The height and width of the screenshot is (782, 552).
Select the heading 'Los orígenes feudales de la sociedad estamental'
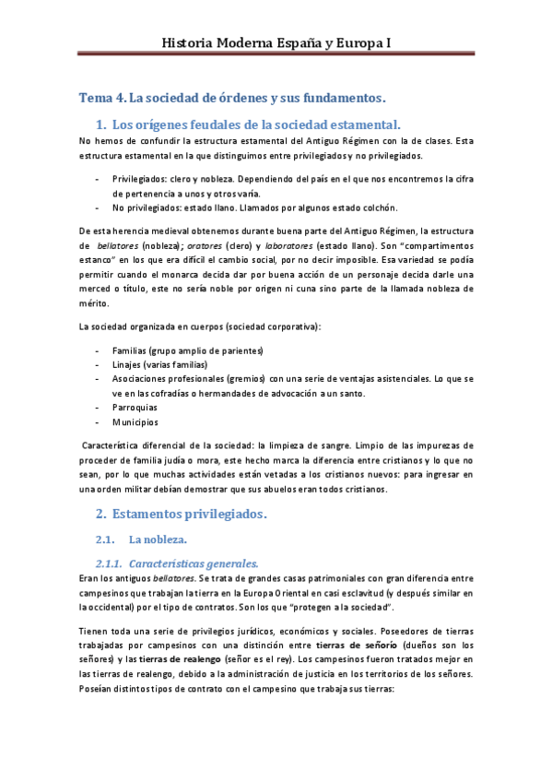pyautogui.click(x=255, y=124)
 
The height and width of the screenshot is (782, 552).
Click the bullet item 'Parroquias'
pyautogui.click(x=135, y=407)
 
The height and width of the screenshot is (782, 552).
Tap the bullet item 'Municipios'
pyautogui.click(x=135, y=421)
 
